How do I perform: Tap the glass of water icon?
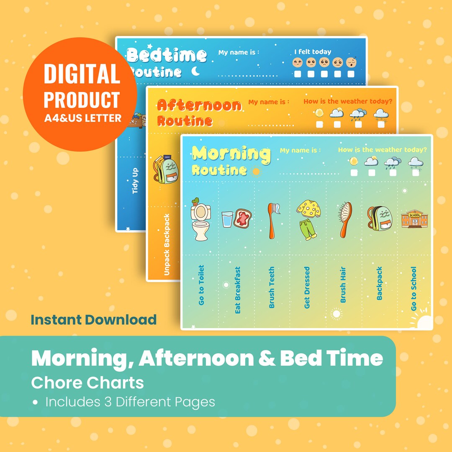pos(227,219)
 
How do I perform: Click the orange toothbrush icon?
pos(272,219)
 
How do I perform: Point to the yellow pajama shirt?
pos(309,210)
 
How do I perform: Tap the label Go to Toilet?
pos(202,285)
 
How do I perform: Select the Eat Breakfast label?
pos(238,290)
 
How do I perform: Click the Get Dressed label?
pos(307,288)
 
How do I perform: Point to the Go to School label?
pos(413,289)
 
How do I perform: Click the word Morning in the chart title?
pos(231,154)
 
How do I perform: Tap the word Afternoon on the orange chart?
pos(199,105)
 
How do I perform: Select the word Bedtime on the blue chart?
pos(167,55)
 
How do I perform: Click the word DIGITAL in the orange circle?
pos(82,74)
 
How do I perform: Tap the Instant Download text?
pos(94,320)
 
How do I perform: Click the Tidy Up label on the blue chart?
pos(135,181)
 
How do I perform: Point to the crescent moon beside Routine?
pos(195,72)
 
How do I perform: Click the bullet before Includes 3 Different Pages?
pos(36,402)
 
